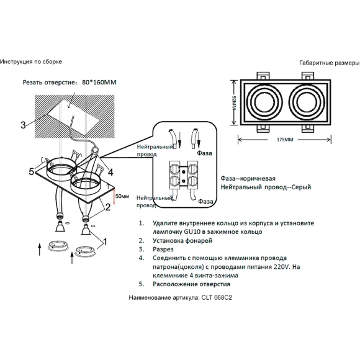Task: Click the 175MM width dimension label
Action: (x=285, y=140)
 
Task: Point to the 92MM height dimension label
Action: (x=234, y=102)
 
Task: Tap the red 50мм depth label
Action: (x=122, y=196)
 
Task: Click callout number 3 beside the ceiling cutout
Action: (x=23, y=125)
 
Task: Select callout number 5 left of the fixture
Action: (x=32, y=171)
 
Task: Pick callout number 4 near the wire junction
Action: (x=110, y=173)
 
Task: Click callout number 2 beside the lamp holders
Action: (x=107, y=207)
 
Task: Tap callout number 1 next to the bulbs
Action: (x=105, y=242)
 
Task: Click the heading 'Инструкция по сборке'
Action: (x=31, y=62)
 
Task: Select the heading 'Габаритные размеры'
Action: (x=330, y=63)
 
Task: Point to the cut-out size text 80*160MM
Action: (x=99, y=82)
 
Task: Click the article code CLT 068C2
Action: (x=217, y=297)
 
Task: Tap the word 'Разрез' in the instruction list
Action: (x=163, y=250)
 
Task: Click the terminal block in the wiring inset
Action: (x=184, y=175)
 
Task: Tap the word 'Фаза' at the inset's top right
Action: (x=204, y=153)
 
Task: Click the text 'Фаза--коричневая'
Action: (x=248, y=178)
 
